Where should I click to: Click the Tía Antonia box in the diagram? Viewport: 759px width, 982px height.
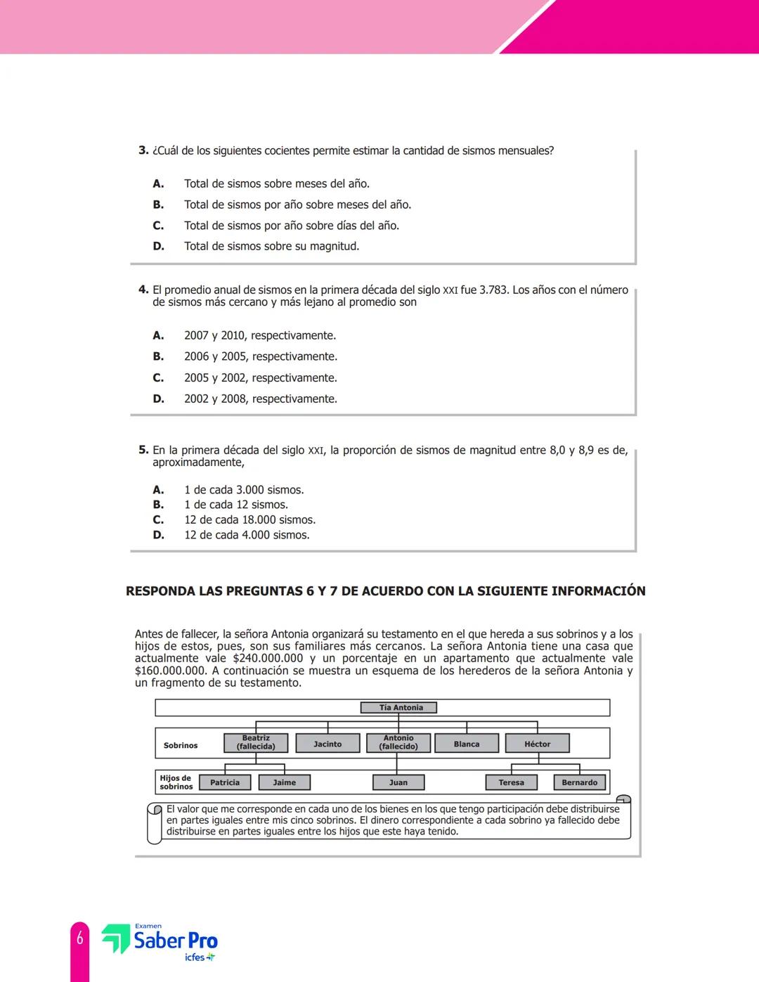(x=398, y=708)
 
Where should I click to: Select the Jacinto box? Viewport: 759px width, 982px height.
(x=327, y=744)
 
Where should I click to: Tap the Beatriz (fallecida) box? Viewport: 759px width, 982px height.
(x=256, y=743)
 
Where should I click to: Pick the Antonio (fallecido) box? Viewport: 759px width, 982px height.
(x=398, y=743)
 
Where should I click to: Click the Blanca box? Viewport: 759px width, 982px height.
(x=467, y=744)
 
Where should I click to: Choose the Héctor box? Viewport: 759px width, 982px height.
(x=538, y=744)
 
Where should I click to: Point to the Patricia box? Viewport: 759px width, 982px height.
(x=225, y=782)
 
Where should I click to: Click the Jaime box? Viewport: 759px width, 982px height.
(x=285, y=782)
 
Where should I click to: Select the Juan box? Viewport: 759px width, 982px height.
(x=398, y=782)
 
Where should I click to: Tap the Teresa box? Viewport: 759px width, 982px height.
(x=512, y=782)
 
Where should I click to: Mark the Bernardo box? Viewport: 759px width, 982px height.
(x=580, y=782)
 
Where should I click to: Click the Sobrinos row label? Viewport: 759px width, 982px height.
(x=181, y=745)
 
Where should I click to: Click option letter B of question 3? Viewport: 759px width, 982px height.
(x=159, y=205)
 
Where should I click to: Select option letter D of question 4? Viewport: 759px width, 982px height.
(x=159, y=399)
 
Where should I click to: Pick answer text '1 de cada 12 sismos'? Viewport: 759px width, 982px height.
(x=236, y=505)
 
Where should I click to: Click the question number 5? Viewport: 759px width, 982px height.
(x=143, y=450)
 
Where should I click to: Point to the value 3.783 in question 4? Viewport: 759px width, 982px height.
(x=493, y=290)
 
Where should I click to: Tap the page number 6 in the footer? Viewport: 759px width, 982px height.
(x=80, y=938)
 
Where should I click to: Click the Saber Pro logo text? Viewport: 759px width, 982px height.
(x=176, y=941)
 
